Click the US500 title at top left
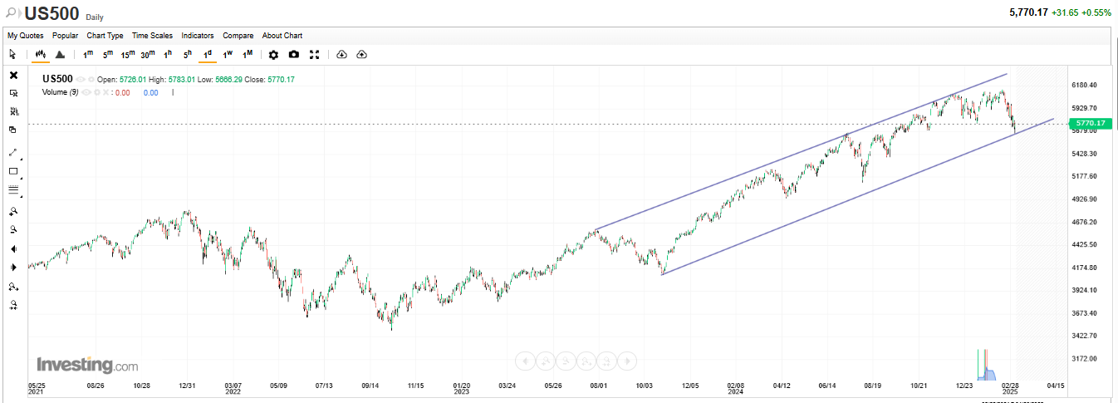point(51,13)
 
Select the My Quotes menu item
point(26,36)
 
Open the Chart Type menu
point(105,36)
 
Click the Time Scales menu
point(152,36)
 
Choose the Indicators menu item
point(198,36)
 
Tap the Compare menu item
point(238,36)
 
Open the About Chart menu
point(282,36)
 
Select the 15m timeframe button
point(128,55)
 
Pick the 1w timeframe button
point(228,55)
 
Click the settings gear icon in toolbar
point(273,55)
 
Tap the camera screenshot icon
point(294,55)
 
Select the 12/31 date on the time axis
point(188,386)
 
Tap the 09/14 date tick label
point(370,386)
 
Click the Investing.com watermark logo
point(87,366)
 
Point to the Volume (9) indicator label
point(60,92)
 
